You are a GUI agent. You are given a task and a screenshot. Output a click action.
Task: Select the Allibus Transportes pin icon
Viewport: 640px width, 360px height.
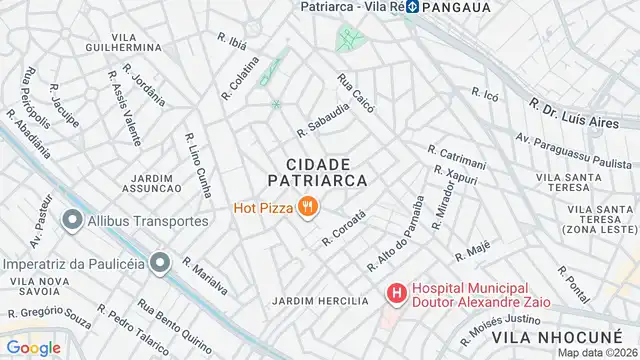click(x=72, y=220)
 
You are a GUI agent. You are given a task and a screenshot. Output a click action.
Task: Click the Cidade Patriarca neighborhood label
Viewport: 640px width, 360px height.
click(x=318, y=171)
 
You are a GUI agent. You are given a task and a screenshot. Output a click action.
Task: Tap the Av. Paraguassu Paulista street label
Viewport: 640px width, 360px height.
click(x=574, y=150)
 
